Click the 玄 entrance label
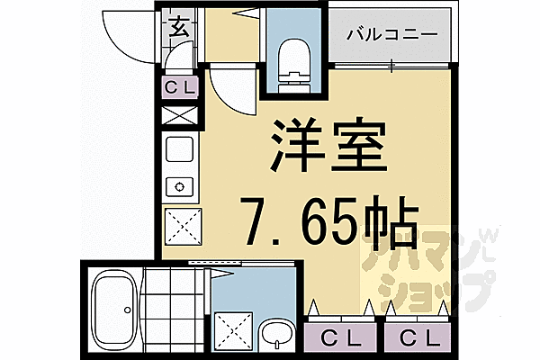coord(177,27)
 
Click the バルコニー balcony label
coord(391,35)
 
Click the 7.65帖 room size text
coord(328,220)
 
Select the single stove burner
coord(178,187)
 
